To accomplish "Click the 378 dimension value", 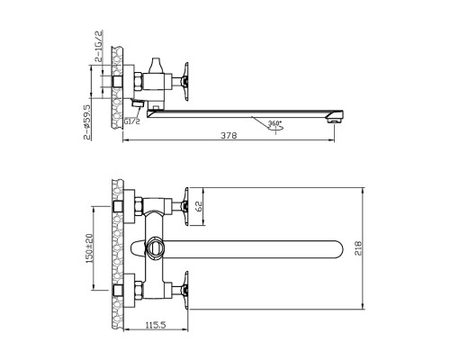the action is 229,136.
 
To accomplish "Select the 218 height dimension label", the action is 358,248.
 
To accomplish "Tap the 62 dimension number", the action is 199,206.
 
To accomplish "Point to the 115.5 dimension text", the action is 156,325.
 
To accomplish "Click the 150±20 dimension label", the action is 90,248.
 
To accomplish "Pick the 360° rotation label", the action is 274,123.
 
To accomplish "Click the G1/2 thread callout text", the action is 132,121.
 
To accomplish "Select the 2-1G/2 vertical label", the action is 99,46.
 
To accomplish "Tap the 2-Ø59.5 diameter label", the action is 86,122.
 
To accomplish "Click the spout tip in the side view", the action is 336,117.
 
